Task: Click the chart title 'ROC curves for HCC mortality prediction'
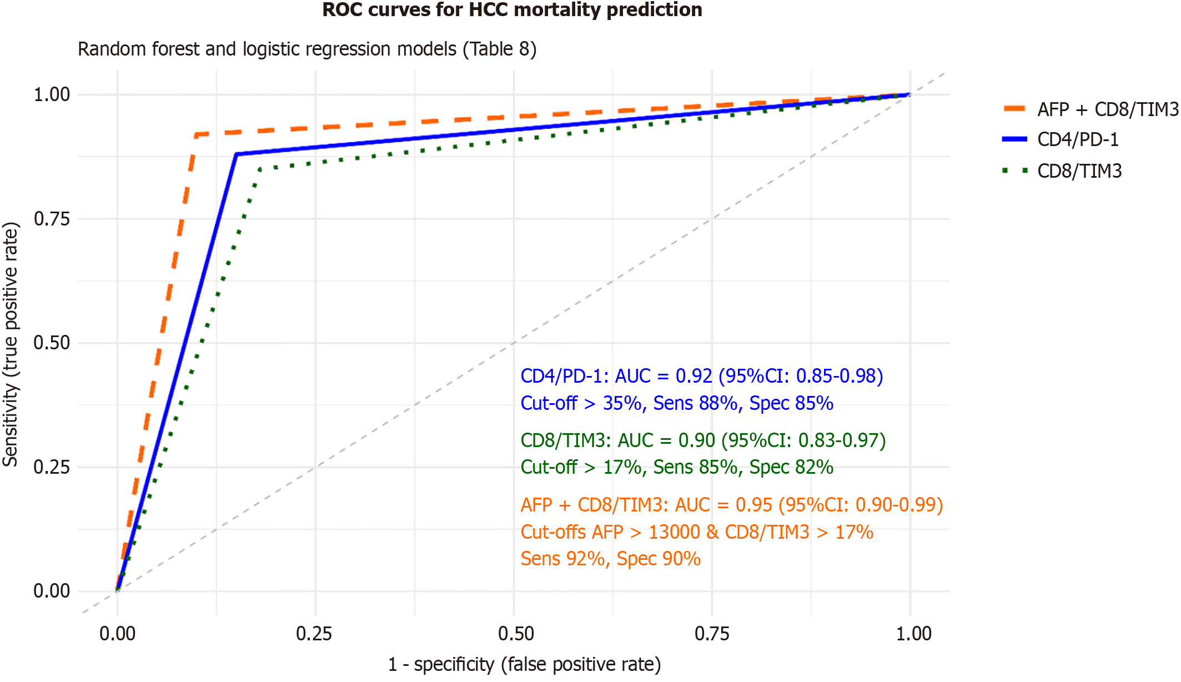point(512,10)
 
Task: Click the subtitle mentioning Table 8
point(307,49)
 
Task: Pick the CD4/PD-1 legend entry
point(1078,139)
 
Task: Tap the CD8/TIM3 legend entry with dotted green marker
point(1079,171)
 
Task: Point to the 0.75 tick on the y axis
point(52,219)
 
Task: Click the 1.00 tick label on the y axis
point(52,94)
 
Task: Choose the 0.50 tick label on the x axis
point(515,634)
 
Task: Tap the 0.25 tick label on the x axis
point(314,634)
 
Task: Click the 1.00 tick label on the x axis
point(913,634)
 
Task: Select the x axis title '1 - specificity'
point(524,664)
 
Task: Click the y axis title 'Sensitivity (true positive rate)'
point(11,344)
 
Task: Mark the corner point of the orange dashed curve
point(196,134)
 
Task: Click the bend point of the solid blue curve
point(237,154)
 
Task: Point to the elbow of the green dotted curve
point(259,169)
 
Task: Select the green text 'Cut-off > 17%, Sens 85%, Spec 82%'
point(677,467)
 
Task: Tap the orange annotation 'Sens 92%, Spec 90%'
point(610,559)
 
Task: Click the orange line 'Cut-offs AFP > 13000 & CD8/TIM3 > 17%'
point(697,532)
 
